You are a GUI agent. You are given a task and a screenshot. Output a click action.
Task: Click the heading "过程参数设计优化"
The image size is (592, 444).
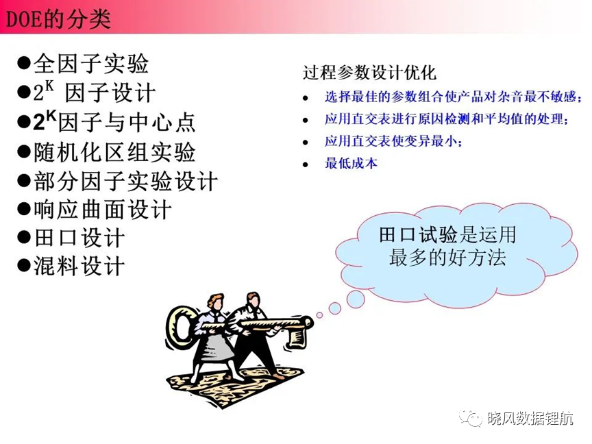[369, 72]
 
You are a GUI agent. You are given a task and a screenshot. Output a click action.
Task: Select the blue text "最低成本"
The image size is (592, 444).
[351, 164]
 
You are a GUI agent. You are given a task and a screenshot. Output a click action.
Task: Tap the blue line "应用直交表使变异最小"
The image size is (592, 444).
[393, 142]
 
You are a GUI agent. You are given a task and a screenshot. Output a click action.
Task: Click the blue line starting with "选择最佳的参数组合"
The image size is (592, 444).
[453, 97]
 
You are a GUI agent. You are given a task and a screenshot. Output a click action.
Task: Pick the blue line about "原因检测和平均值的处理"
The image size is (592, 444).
[446, 119]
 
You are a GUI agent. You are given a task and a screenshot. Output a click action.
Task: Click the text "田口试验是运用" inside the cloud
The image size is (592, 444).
[447, 235]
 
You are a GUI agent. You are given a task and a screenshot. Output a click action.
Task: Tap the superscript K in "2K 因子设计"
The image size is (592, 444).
[49, 86]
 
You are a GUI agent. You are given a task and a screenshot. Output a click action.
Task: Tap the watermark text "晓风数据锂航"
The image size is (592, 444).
[530, 419]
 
